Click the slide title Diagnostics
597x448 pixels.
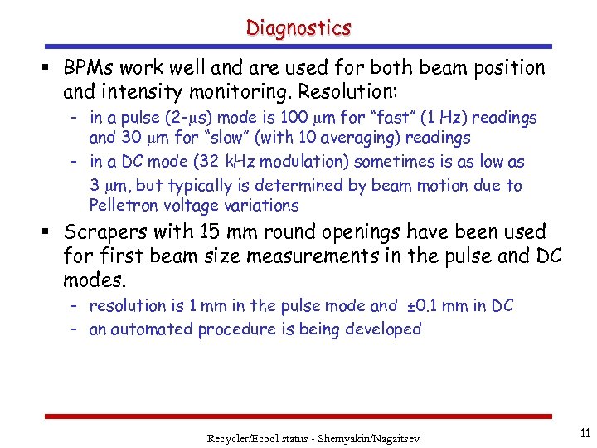click(298, 27)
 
